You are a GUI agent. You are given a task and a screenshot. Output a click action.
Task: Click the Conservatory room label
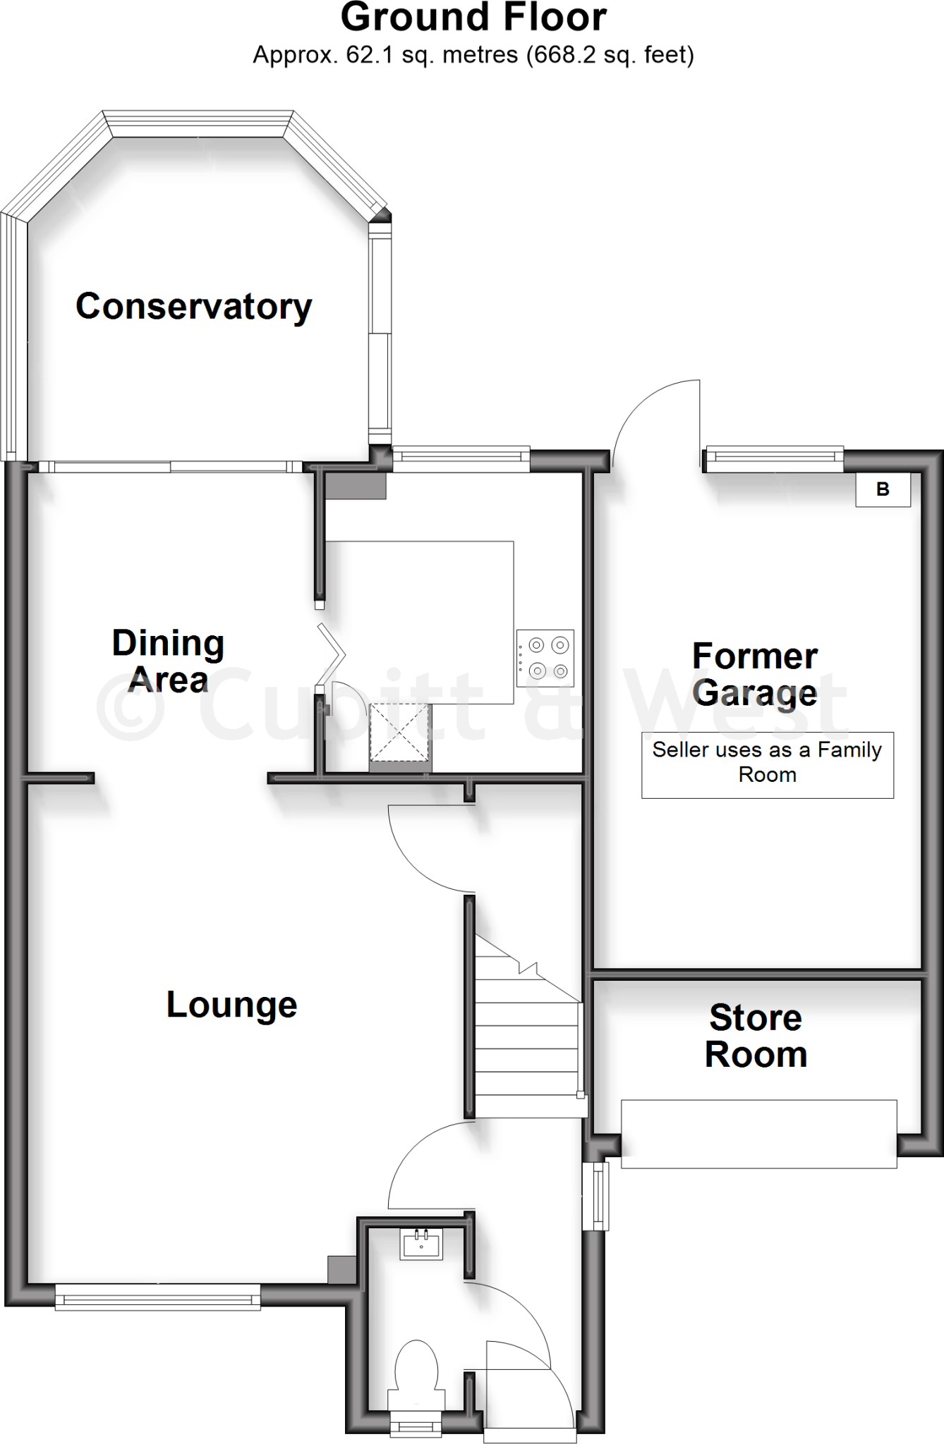tap(193, 307)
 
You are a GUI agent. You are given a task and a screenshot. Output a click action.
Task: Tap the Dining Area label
tap(168, 661)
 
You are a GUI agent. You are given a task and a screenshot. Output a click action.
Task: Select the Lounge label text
tap(231, 1004)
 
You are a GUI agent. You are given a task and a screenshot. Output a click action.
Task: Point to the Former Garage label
tap(755, 674)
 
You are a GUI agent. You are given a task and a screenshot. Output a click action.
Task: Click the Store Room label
tap(756, 1036)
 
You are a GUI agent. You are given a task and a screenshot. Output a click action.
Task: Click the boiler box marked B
tap(883, 489)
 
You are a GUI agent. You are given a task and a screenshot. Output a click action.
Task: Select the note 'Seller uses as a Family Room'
tap(767, 762)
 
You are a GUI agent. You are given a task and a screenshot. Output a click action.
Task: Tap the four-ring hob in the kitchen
tap(545, 658)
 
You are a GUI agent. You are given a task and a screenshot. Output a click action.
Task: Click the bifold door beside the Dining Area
tap(332, 654)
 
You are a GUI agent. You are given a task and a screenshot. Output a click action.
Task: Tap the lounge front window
tap(157, 1297)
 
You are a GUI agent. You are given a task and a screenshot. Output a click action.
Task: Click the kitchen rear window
tap(461, 459)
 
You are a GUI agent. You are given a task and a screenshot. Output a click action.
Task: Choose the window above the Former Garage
tap(775, 459)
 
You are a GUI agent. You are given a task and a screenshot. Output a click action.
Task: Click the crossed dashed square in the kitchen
tap(400, 731)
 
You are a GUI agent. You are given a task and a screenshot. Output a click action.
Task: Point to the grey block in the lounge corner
tap(341, 1269)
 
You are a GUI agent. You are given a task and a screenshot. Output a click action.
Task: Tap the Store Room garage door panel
tap(759, 1134)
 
